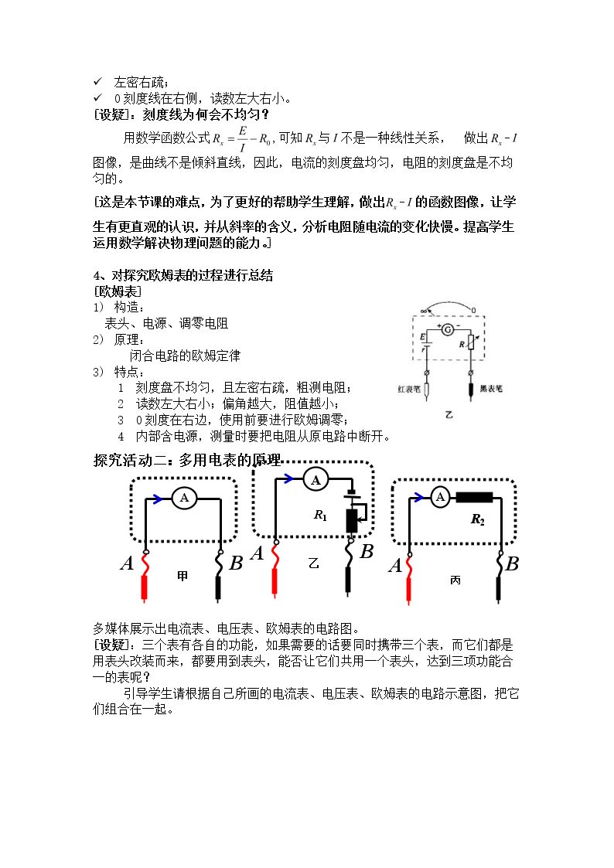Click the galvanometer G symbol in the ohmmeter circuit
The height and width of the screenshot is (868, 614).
tap(447, 330)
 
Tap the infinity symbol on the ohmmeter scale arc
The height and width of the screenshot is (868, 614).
tap(424, 311)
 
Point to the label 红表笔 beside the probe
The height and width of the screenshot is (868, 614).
tap(408, 389)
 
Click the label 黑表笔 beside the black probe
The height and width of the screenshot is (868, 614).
tap(491, 389)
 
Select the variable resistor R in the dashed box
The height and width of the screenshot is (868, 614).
tap(471, 342)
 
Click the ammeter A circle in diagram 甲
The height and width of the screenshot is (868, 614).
tap(184, 499)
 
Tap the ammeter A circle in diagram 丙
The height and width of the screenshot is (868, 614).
tap(440, 496)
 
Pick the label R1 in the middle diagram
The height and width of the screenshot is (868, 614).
tap(321, 515)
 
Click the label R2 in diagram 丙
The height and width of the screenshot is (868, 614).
tap(477, 519)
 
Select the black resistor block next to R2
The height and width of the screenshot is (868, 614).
tap(474, 497)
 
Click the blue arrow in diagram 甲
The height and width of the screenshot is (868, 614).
tap(157, 499)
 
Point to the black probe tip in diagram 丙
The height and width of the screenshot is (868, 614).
tap(500, 589)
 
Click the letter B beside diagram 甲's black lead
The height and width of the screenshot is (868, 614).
tap(236, 563)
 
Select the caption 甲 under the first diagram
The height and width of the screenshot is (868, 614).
tap(182, 577)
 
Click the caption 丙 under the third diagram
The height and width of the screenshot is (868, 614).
tap(455, 580)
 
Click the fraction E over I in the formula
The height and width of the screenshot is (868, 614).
tap(242, 139)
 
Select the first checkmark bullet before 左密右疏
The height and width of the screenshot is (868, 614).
tap(97, 81)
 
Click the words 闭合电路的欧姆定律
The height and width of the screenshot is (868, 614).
tap(185, 356)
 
